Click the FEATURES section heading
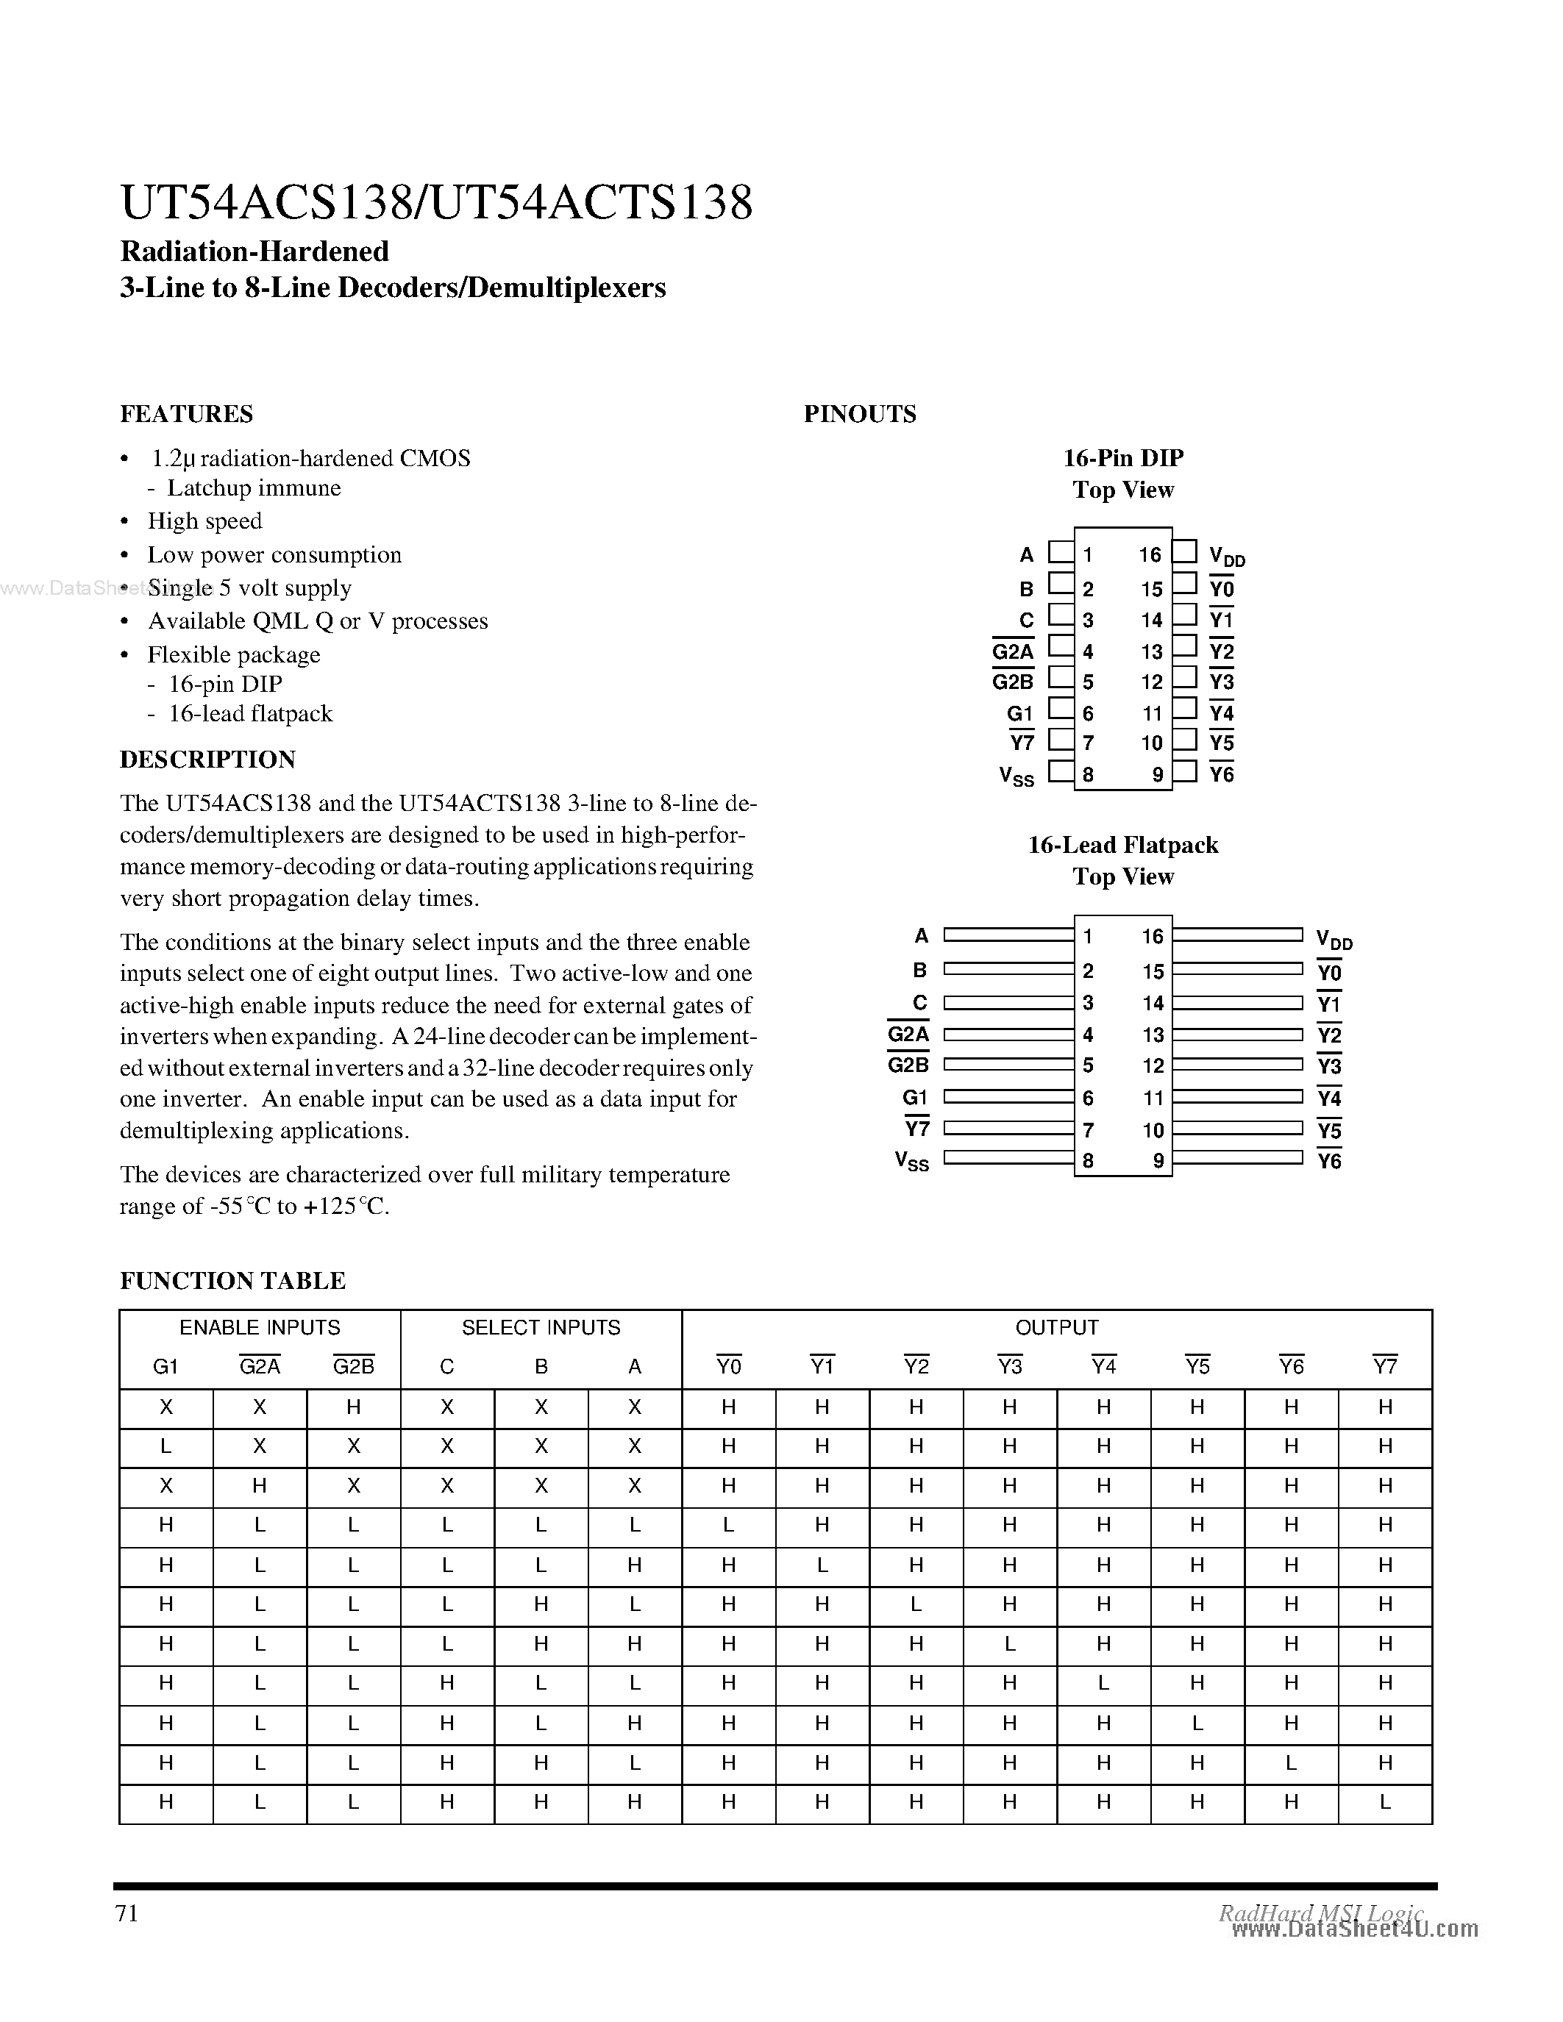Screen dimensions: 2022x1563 pos(186,414)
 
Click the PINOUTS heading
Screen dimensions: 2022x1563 pos(859,414)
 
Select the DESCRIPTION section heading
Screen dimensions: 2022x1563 pos(207,760)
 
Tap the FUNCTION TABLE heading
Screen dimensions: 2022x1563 pos(232,1280)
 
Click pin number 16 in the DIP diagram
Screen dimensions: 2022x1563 pos(1150,554)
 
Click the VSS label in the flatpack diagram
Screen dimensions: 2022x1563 pos(911,1161)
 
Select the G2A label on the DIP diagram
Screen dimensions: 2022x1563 pos(1012,651)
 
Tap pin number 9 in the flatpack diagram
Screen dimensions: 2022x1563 pos(1158,1161)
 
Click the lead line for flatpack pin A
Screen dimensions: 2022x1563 pos(1008,936)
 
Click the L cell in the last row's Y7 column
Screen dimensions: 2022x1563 pos(1384,1801)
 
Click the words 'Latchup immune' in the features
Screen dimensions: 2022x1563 pos(254,488)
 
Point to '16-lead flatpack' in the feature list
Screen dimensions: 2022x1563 pos(250,714)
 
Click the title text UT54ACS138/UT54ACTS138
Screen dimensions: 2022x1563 pos(436,203)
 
